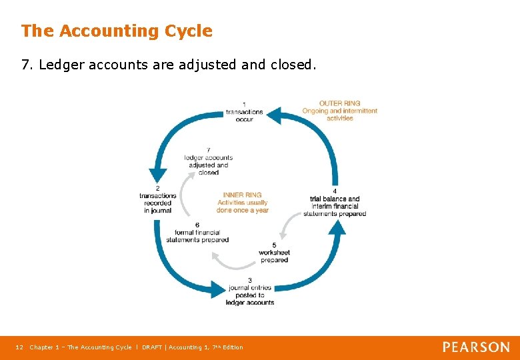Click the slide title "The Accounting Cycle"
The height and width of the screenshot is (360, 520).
pos(117,31)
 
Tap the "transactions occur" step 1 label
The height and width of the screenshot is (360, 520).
pos(244,111)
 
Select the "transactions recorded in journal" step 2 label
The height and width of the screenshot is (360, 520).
pos(157,199)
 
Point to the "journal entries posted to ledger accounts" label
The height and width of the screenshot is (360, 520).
pos(250,291)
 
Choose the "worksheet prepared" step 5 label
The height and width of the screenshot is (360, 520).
pos(275,253)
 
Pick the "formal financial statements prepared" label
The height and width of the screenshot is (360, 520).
pos(197,233)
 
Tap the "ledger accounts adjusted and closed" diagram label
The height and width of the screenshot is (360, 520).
pos(209,161)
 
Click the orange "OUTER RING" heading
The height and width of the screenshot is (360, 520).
pos(339,103)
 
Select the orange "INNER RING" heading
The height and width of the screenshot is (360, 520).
pos(242,195)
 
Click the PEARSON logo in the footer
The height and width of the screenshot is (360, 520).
pos(476,347)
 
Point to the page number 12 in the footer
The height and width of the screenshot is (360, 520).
pos(19,347)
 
